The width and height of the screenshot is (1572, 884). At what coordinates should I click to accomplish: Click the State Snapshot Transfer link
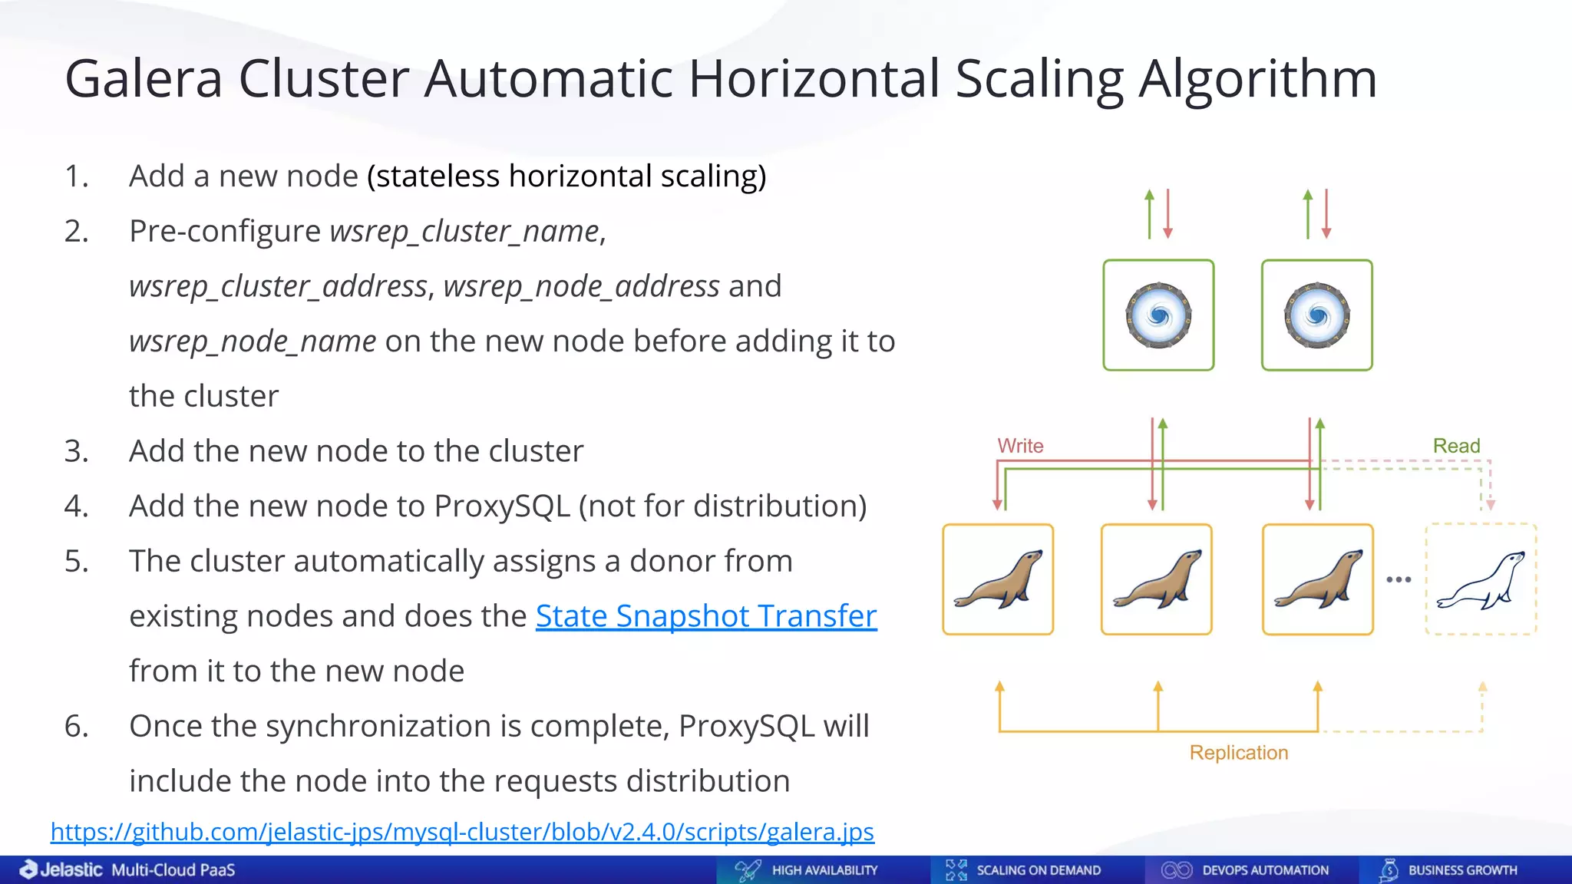click(706, 616)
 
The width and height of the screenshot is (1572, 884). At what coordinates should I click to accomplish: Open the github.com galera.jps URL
click(462, 832)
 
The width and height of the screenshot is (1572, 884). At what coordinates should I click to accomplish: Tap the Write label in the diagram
click(1020, 446)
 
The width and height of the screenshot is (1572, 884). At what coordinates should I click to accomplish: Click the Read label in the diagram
click(1456, 446)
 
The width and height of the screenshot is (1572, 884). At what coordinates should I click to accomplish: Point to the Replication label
click(1238, 753)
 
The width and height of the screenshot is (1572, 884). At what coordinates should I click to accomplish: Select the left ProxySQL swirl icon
click(1158, 315)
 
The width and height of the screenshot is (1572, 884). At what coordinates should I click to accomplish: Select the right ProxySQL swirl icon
click(1316, 315)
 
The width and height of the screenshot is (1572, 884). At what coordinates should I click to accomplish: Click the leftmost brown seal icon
click(998, 579)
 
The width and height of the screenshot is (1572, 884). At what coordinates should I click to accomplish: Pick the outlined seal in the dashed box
click(1481, 581)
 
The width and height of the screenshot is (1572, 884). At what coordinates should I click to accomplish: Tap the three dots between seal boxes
click(1399, 579)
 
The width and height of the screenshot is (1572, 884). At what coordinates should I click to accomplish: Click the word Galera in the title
click(144, 79)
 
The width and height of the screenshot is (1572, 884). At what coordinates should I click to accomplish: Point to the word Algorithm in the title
click(1257, 79)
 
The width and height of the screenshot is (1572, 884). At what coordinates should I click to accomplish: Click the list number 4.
click(76, 506)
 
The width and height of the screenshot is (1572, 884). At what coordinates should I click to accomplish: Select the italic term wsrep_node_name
click(253, 341)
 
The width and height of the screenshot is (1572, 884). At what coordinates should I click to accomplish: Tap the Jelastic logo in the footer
click(61, 869)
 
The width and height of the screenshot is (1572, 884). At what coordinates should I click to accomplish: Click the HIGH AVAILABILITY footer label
click(824, 870)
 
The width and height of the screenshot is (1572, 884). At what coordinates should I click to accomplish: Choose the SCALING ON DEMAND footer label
click(1038, 870)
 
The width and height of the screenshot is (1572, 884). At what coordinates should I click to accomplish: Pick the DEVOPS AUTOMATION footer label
click(1265, 870)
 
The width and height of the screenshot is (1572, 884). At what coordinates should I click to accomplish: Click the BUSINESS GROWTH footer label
click(1462, 870)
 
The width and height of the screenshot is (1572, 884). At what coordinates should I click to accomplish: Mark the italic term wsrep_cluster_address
click(278, 286)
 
